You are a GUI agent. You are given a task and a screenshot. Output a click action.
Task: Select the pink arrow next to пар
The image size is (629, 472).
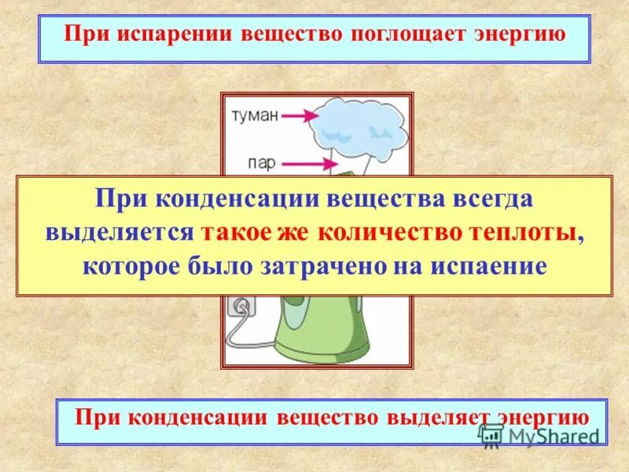(x=303, y=164)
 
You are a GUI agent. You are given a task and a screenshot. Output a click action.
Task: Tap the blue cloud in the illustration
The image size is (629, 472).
(x=358, y=126)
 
